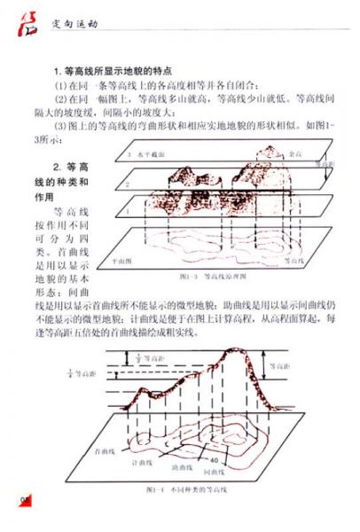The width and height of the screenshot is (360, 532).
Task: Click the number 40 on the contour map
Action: coord(213,460)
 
